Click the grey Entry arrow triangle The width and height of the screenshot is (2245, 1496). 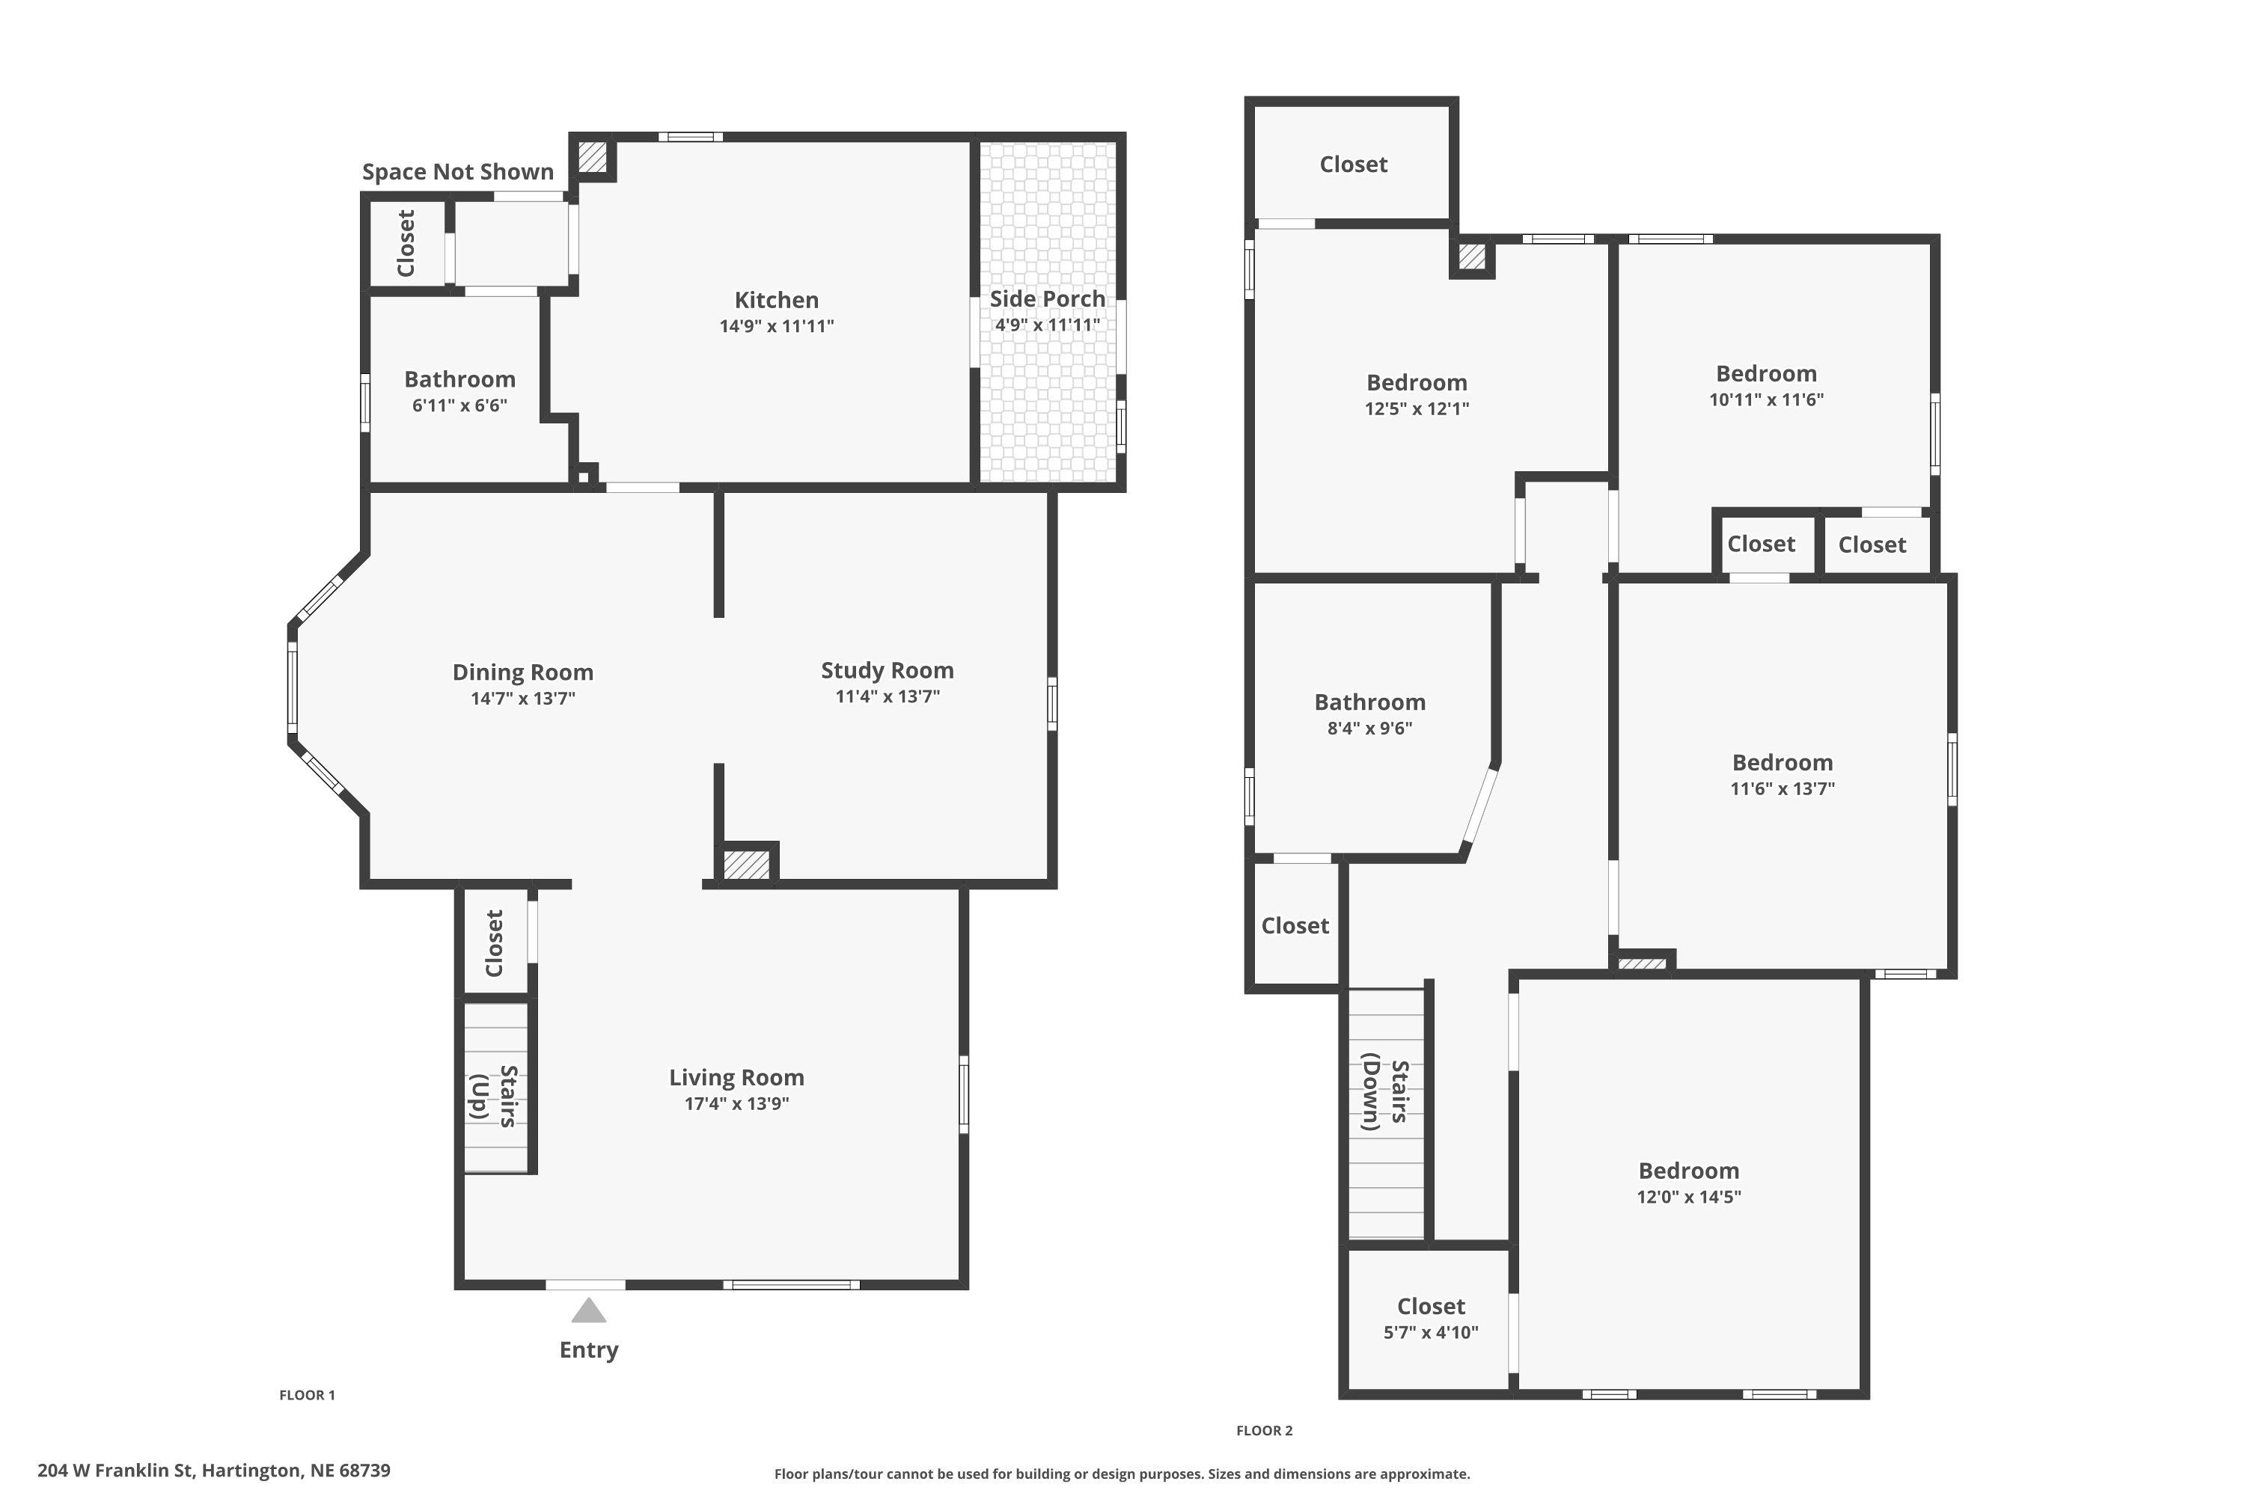coord(589,1311)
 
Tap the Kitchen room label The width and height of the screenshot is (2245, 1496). coord(776,300)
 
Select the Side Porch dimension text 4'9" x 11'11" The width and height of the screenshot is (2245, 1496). coord(1047,325)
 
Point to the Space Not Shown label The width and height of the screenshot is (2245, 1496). coord(457,172)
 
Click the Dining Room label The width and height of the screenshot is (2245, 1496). coord(522,672)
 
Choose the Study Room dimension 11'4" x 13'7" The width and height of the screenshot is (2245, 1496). coord(887,696)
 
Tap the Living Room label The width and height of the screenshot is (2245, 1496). coord(736,1077)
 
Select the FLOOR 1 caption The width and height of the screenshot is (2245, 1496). coord(306,1395)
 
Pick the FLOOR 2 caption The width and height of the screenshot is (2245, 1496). coord(1264,1430)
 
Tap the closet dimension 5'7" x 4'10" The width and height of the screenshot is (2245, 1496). coord(1430,1332)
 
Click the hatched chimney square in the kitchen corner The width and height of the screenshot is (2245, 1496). coord(592,157)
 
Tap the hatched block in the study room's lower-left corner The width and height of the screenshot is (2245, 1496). coord(745,865)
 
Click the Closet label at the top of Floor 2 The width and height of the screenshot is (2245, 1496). coord(1352,164)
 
